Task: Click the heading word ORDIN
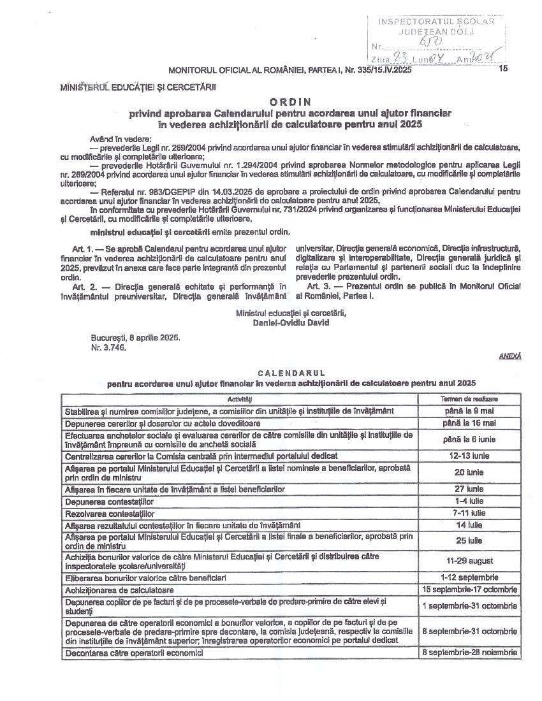click(290, 101)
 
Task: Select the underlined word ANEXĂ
click(509, 356)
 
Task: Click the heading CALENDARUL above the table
click(291, 373)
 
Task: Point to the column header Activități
click(240, 398)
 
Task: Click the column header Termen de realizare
click(469, 398)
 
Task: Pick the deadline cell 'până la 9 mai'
click(469, 411)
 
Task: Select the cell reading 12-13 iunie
click(469, 456)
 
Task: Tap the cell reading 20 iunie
click(469, 472)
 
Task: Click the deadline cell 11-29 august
click(469, 561)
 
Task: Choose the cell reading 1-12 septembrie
click(469, 577)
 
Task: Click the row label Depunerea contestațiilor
click(109, 502)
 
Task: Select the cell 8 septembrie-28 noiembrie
click(469, 653)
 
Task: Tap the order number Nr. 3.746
click(108, 347)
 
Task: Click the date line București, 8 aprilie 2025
click(135, 337)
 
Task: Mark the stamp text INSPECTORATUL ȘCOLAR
click(437, 21)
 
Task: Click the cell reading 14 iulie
click(469, 525)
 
